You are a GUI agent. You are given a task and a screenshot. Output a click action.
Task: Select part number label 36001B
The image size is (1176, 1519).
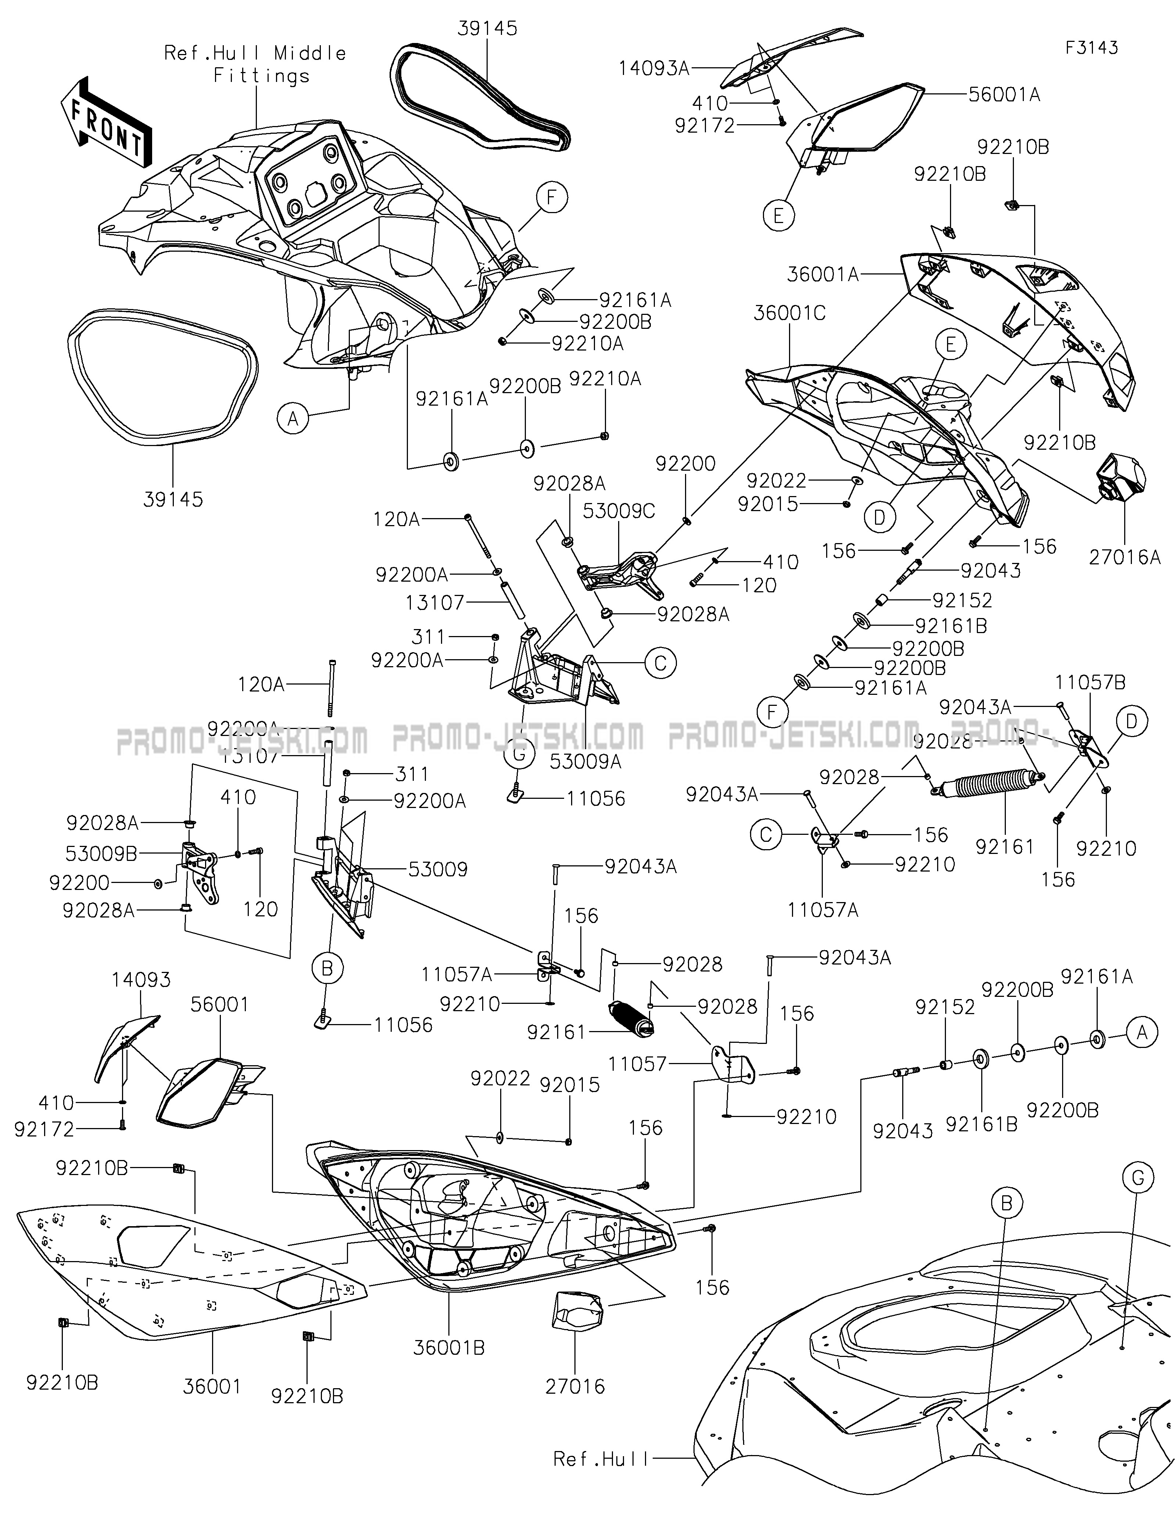pyautogui.click(x=449, y=1347)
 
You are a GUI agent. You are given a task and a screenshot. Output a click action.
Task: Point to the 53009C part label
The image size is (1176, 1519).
pyautogui.click(x=619, y=511)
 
